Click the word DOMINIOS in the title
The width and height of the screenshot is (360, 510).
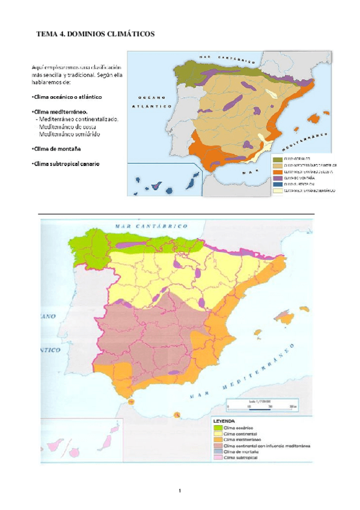pos(82,34)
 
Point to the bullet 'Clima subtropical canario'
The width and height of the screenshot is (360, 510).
pos(66,164)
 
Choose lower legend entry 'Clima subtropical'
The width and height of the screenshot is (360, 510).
pos(241,458)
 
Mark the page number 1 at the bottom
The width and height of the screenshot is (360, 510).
pos(179,491)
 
